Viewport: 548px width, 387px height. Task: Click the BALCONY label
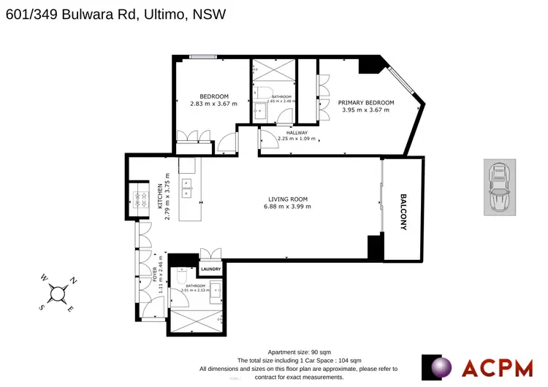click(x=403, y=212)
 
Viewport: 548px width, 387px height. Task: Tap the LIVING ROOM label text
click(x=287, y=199)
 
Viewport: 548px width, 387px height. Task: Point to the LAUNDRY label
click(x=211, y=269)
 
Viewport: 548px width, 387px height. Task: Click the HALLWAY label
click(x=297, y=132)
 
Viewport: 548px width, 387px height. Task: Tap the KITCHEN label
click(x=160, y=196)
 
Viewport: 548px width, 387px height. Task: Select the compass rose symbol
click(x=58, y=294)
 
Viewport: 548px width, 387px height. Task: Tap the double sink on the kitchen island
click(x=187, y=188)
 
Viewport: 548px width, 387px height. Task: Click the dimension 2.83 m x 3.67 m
click(x=209, y=104)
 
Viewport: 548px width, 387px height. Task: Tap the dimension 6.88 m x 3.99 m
click(x=287, y=207)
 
